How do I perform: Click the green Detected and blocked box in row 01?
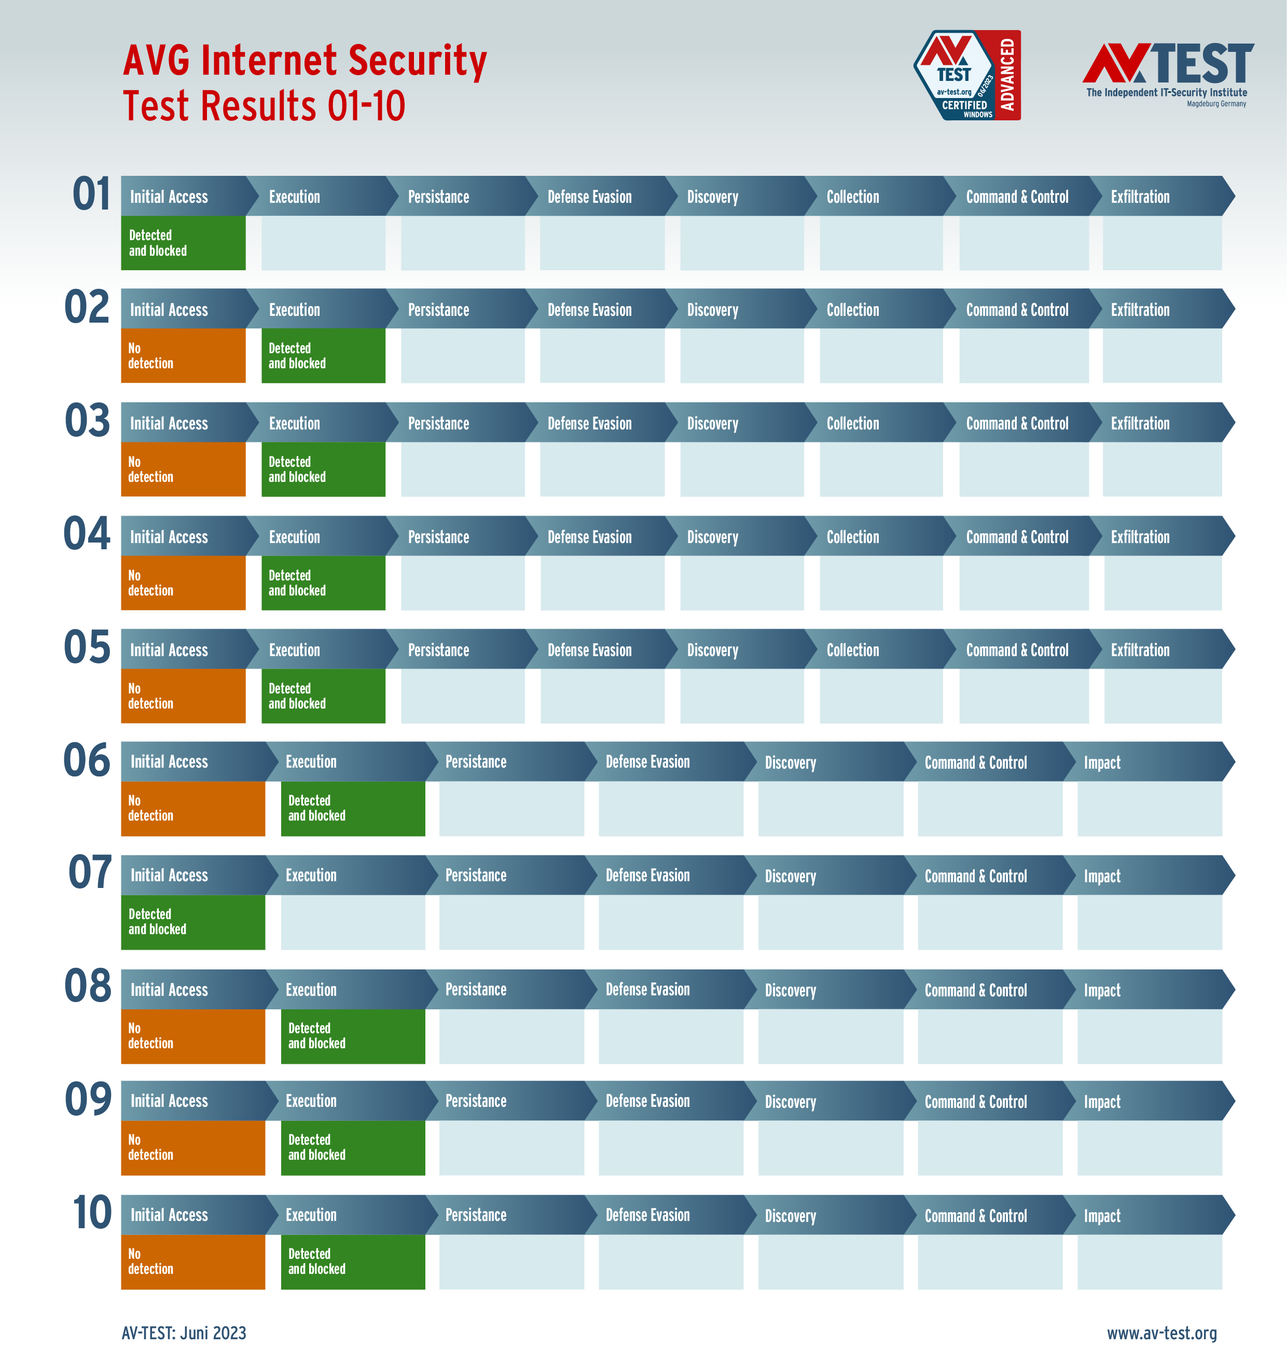pos(183,243)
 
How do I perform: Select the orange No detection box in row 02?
pos(183,355)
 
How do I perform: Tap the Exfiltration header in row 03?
pos(1140,423)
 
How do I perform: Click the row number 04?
pos(87,534)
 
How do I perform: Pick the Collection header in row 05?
pos(853,649)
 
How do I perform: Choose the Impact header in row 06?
pos(1102,762)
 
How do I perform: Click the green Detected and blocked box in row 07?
pos(193,922)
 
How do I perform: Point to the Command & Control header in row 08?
pos(976,990)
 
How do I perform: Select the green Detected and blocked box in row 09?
pos(353,1148)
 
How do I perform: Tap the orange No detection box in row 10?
pos(193,1261)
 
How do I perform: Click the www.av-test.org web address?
pos(1161,1333)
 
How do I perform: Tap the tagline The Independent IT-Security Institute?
pos(1166,93)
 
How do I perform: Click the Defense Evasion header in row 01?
pos(589,197)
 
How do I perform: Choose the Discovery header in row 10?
pos(791,1216)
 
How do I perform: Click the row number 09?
pos(88,1099)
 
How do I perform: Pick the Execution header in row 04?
pos(294,537)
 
